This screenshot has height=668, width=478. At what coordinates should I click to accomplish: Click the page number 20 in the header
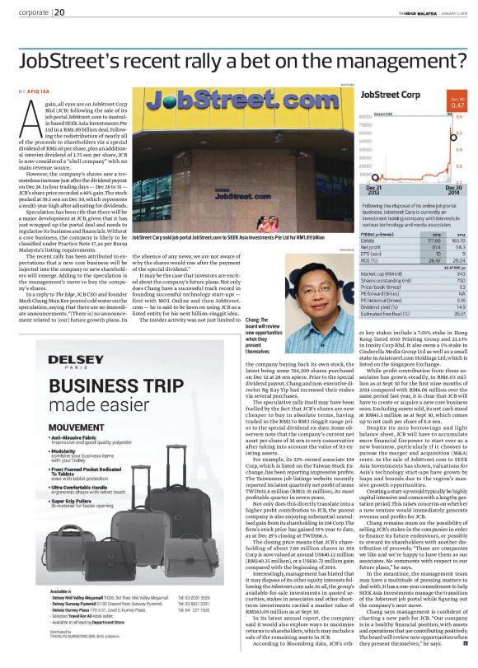[61, 12]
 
